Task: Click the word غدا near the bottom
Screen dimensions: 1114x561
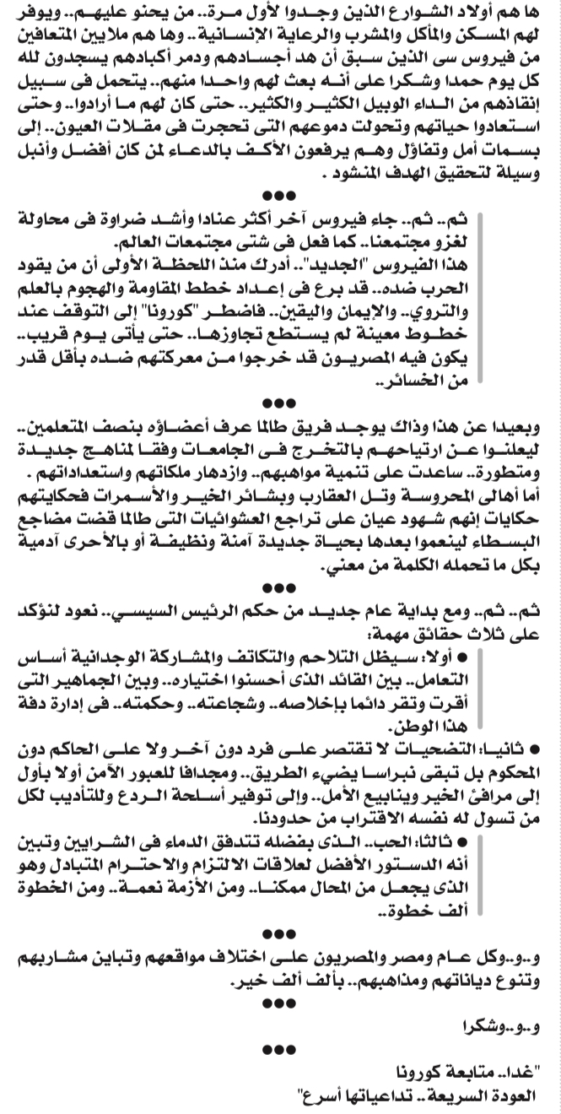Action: pos(521,1074)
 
